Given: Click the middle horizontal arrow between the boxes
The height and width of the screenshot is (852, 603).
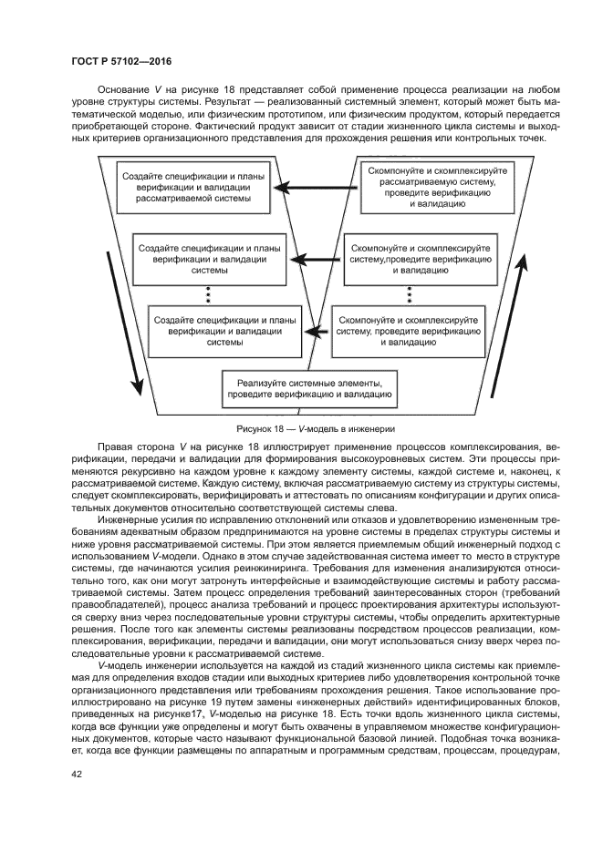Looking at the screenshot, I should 314,260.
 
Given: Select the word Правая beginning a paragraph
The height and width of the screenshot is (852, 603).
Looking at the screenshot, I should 114,447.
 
